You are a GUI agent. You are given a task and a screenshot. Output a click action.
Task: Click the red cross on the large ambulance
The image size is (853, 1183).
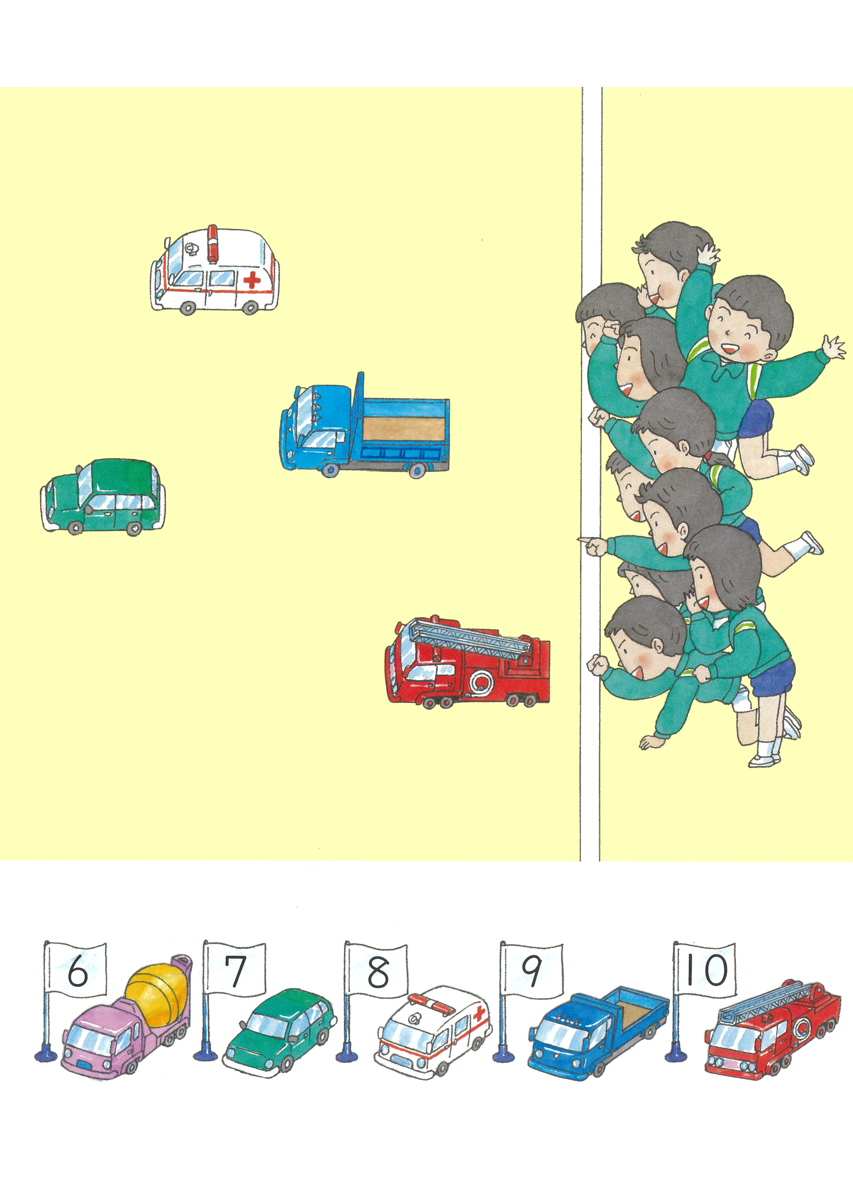pyautogui.click(x=252, y=281)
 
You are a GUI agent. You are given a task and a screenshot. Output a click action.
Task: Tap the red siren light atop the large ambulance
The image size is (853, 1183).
pyautogui.click(x=212, y=243)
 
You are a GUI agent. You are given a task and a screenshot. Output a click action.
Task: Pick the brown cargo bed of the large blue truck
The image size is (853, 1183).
pyautogui.click(x=403, y=429)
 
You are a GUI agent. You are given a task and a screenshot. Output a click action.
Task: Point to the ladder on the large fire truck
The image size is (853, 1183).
pyautogui.click(x=470, y=641)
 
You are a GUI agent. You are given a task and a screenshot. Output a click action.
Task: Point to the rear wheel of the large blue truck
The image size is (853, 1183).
pyautogui.click(x=416, y=471)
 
